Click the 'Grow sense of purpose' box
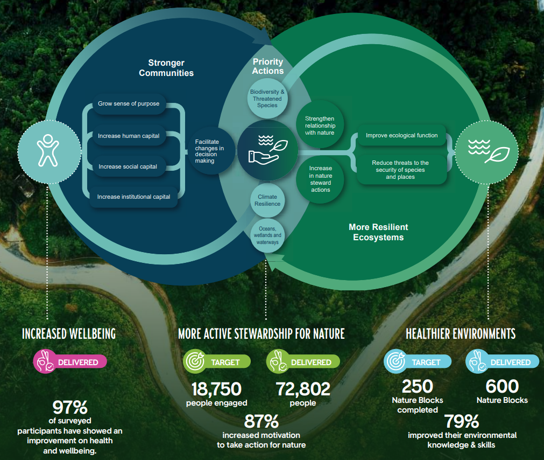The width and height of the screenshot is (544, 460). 129,103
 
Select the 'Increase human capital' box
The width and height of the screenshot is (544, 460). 129,136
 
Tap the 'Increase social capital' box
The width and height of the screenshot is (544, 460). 128,166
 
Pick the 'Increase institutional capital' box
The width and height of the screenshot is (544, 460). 133,197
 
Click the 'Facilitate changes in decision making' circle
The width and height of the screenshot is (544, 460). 209,151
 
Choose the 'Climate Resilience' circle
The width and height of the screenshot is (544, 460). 267,200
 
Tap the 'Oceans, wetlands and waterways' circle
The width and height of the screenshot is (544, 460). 267,235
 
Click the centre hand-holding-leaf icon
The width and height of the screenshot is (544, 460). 267,150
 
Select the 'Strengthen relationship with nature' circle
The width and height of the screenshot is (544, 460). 320,126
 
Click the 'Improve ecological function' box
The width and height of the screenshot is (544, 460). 402,136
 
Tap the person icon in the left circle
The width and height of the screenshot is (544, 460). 48,150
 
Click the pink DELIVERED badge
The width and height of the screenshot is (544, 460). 70,362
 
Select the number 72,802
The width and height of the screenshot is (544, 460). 303,388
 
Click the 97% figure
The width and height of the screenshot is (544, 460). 70,407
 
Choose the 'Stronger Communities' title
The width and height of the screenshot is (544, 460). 166,68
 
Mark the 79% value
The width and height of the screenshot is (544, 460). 462,421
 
